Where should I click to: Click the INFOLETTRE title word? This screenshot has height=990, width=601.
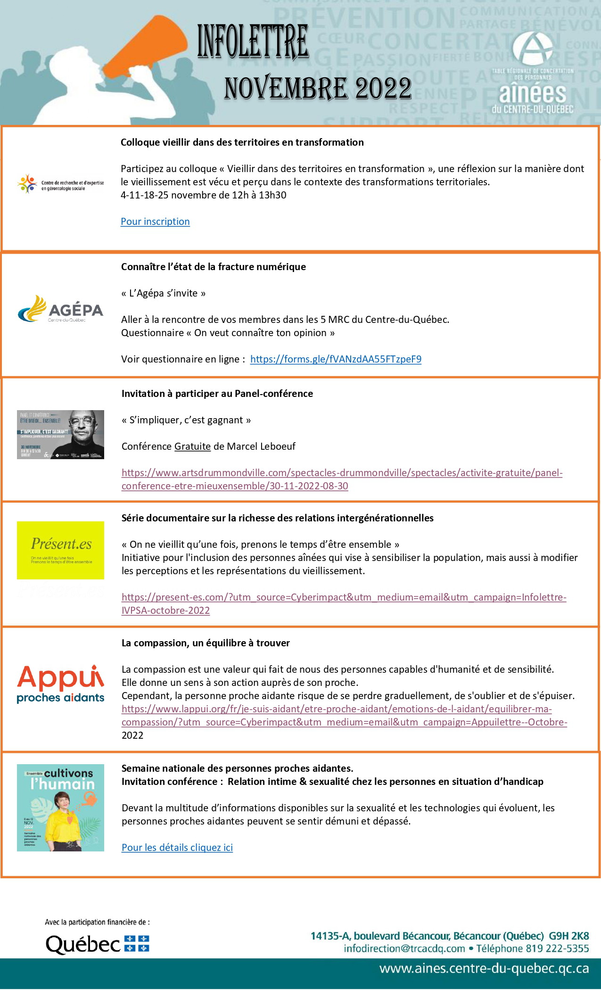pyautogui.click(x=253, y=42)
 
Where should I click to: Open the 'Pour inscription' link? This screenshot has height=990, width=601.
pyautogui.click(x=155, y=222)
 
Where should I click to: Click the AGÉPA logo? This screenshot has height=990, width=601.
pyautogui.click(x=60, y=309)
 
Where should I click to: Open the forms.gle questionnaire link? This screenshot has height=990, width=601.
pyautogui.click(x=336, y=359)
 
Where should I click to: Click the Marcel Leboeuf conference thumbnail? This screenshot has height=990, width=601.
pyautogui.click(x=60, y=434)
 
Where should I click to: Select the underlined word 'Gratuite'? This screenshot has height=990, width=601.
pyautogui.click(x=192, y=446)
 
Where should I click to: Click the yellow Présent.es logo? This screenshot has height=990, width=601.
pyautogui.click(x=60, y=550)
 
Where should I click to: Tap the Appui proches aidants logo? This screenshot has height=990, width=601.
pyautogui.click(x=60, y=684)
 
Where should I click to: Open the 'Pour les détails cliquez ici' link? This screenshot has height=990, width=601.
pyautogui.click(x=177, y=848)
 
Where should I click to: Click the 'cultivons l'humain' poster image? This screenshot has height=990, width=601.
pyautogui.click(x=60, y=808)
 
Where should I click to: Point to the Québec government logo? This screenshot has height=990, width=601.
pyautogui.click(x=97, y=944)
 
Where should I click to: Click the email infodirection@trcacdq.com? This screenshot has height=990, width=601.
pyautogui.click(x=404, y=949)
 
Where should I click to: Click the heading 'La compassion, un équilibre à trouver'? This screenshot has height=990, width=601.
pyautogui.click(x=206, y=643)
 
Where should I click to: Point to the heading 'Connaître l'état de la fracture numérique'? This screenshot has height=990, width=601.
pyautogui.click(x=214, y=267)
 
